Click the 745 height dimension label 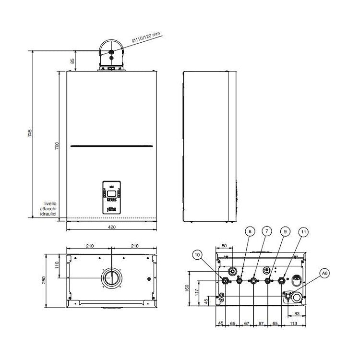coord(30,133)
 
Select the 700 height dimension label coord(57,146)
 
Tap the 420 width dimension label coord(111,227)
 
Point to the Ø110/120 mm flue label coord(146,37)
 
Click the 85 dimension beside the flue coord(72,61)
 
